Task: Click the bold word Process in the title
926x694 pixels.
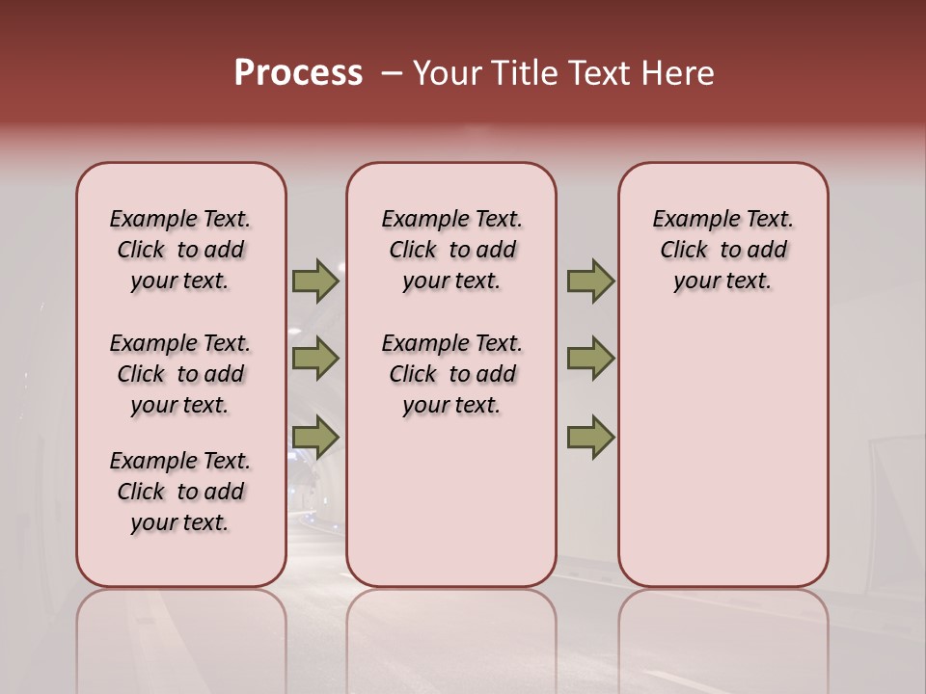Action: [x=298, y=73]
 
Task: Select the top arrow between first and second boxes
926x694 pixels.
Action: [x=315, y=281]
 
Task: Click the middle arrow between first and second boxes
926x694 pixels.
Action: [x=315, y=359]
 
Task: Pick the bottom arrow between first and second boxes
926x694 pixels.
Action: [x=315, y=438]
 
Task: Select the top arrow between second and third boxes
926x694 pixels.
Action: [x=590, y=281]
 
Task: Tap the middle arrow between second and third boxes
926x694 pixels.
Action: [x=590, y=359]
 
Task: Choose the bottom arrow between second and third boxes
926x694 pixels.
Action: [x=590, y=438]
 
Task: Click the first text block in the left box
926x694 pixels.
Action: [x=180, y=250]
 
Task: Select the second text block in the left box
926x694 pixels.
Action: [x=180, y=374]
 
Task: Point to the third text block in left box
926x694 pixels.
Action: [x=180, y=492]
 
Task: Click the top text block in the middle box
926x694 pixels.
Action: [x=451, y=250]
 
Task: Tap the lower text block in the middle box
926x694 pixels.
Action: [x=451, y=374]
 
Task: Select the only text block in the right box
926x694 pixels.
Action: [x=722, y=250]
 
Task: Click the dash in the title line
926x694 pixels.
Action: [x=392, y=73]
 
